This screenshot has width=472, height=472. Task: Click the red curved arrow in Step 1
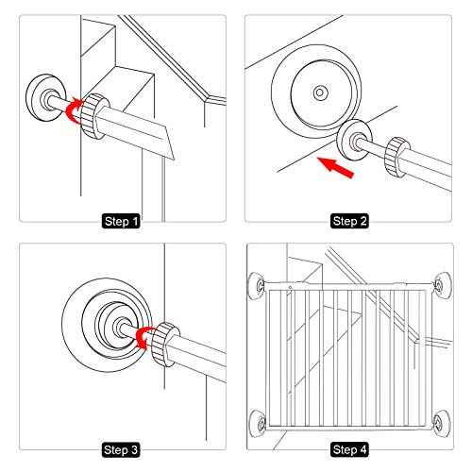pyautogui.click(x=70, y=112)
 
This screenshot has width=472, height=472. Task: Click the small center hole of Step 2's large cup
pyautogui.click(x=320, y=92)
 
